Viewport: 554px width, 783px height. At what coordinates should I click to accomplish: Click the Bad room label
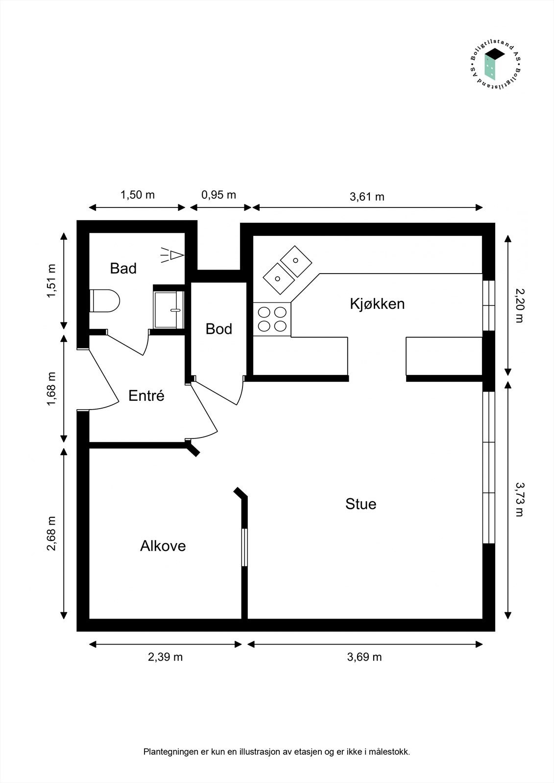[123, 268]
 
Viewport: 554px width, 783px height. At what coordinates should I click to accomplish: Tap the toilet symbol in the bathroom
[105, 300]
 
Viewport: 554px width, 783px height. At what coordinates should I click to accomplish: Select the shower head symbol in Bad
[173, 255]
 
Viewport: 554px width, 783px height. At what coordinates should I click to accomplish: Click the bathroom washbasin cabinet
[169, 309]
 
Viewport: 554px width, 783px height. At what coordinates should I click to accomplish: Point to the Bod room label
[218, 329]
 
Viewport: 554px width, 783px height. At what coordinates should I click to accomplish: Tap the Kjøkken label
[377, 304]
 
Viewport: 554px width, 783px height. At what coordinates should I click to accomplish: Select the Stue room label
[361, 504]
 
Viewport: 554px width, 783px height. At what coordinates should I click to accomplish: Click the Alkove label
[163, 546]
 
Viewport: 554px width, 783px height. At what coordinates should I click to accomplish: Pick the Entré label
[146, 395]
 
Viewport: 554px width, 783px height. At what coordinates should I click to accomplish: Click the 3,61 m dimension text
[367, 197]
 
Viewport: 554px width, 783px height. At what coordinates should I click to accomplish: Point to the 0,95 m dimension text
[218, 195]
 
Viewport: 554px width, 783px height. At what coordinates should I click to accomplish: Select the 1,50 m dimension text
[138, 195]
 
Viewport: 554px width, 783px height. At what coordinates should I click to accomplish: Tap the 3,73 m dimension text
[519, 499]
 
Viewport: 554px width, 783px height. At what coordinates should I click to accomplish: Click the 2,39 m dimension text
[165, 657]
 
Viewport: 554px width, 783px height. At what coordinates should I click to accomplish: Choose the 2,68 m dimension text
[51, 533]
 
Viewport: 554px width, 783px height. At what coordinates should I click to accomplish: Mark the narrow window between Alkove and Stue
[244, 547]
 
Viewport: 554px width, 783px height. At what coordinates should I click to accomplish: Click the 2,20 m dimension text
[519, 305]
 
